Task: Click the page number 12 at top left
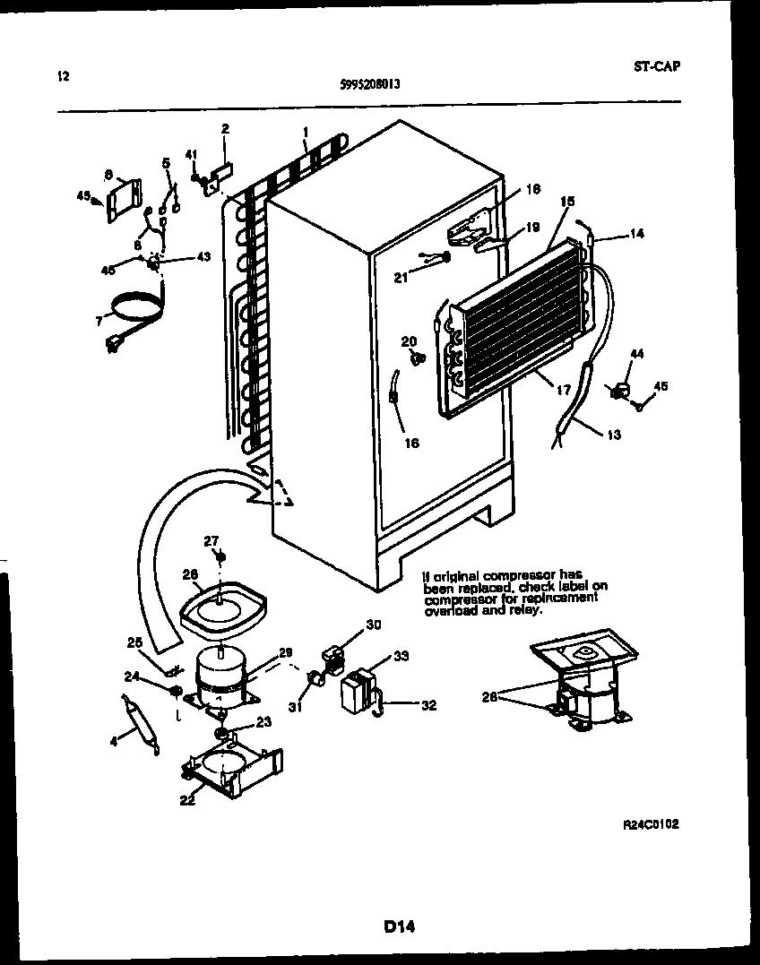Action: pos(63,76)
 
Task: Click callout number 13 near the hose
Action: pos(613,435)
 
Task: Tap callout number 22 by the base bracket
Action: pos(186,800)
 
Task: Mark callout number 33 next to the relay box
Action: pos(401,655)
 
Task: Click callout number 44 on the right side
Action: pos(637,356)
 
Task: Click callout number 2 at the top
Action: pos(225,128)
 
